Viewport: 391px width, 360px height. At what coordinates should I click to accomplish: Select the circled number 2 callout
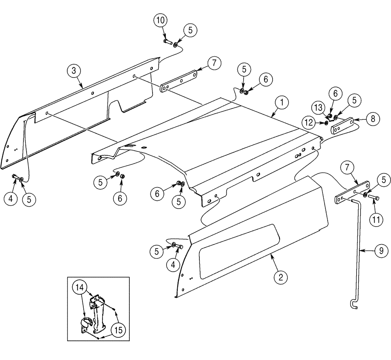click(280, 277)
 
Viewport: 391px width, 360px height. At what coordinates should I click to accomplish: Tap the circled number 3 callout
click(73, 71)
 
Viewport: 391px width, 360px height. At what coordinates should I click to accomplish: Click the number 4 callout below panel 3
click(11, 198)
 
